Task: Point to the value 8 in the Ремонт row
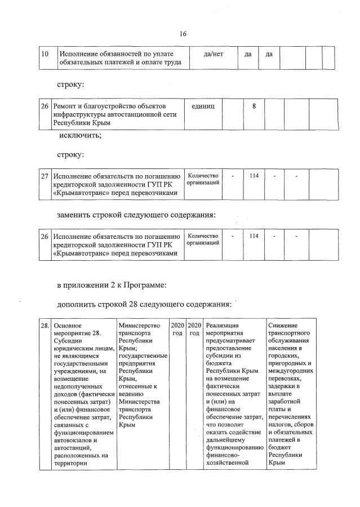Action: click(254, 105)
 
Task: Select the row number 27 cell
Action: click(45, 176)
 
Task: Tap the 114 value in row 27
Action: click(254, 176)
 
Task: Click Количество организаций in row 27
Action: click(203, 180)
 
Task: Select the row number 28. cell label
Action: click(45, 325)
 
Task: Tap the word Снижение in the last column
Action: click(284, 325)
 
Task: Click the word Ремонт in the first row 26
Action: click(66, 105)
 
